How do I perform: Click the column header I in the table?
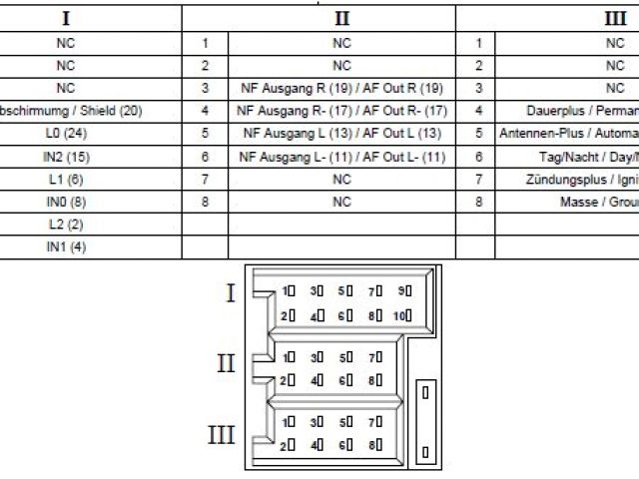click(x=66, y=19)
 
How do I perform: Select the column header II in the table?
click(x=342, y=19)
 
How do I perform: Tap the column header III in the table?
click(x=614, y=19)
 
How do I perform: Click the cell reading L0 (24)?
click(x=66, y=134)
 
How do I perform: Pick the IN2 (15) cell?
click(x=66, y=157)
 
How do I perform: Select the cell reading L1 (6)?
click(x=66, y=180)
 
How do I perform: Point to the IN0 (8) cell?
click(x=66, y=203)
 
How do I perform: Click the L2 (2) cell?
click(x=66, y=225)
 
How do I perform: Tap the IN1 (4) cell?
click(x=66, y=247)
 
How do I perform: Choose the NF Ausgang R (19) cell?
click(x=342, y=89)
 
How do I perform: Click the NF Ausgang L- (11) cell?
click(x=342, y=157)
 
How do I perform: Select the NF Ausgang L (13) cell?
click(x=342, y=134)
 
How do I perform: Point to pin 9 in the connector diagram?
click(x=403, y=291)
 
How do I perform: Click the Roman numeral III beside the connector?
click(x=222, y=434)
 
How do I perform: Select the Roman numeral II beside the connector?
click(x=227, y=361)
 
